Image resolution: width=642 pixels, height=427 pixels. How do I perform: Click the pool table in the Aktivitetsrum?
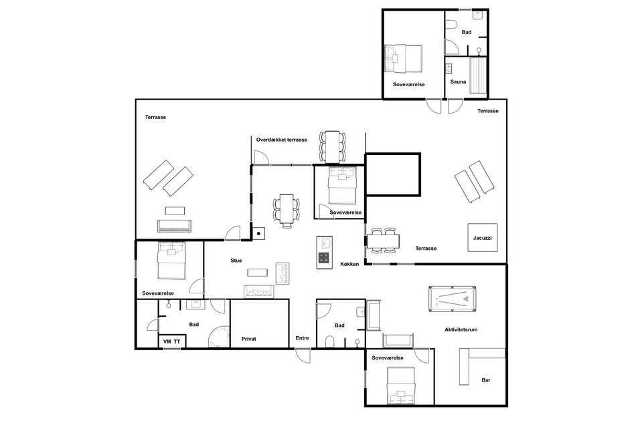[x=453, y=299]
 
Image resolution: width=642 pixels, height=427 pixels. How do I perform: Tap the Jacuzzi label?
[x=482, y=238]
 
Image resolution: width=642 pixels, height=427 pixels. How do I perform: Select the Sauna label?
[x=458, y=82]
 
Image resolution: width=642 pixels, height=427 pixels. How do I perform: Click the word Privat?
[x=248, y=339]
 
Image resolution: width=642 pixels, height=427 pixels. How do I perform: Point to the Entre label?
[x=302, y=338]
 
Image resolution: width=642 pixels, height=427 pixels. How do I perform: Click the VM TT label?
[x=171, y=341]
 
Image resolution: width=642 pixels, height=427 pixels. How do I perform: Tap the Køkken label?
[x=349, y=264]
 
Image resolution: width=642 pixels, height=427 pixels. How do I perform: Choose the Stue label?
[x=236, y=261]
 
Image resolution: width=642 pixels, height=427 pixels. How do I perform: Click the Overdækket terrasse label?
[x=282, y=140]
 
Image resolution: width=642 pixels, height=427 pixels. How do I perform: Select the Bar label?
[x=486, y=380]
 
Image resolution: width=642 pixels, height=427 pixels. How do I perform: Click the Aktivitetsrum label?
[x=461, y=329]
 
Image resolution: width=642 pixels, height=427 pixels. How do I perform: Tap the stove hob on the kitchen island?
[x=324, y=258]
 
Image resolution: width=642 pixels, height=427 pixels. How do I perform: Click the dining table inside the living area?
[x=287, y=209]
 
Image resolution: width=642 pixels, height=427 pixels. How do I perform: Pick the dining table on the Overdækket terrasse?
[x=333, y=146]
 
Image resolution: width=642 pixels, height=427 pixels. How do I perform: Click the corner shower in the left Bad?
[x=219, y=337]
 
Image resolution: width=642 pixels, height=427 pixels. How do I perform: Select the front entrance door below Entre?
[x=303, y=355]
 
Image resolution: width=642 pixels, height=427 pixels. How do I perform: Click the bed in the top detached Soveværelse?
[x=403, y=59]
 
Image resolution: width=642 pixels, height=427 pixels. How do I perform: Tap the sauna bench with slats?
[x=478, y=76]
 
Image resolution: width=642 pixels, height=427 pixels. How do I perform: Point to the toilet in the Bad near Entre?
[x=330, y=341]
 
